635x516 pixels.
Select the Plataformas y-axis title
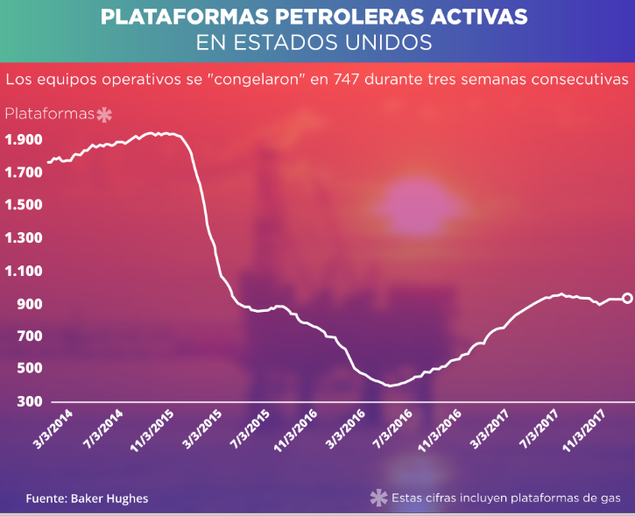coord(50,114)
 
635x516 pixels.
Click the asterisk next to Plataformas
coord(104,115)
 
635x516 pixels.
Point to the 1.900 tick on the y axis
coord(24,139)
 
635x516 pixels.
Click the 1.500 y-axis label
coord(24,205)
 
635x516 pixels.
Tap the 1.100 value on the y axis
coord(24,271)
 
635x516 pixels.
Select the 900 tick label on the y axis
coord(28,304)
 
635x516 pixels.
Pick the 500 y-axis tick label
coord(28,369)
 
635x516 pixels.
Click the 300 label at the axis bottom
coord(28,402)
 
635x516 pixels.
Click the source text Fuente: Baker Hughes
coord(87,498)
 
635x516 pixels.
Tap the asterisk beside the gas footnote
coord(378,498)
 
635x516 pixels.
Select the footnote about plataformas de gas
coord(506,498)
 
